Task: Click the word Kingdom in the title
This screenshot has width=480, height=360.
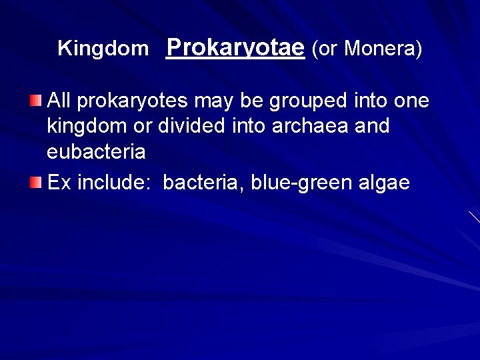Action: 103,49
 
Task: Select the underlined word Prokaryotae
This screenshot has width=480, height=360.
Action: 235,47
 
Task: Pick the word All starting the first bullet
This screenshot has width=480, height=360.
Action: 60,101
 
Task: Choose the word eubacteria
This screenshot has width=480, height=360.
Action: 96,151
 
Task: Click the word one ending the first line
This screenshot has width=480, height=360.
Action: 411,101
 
